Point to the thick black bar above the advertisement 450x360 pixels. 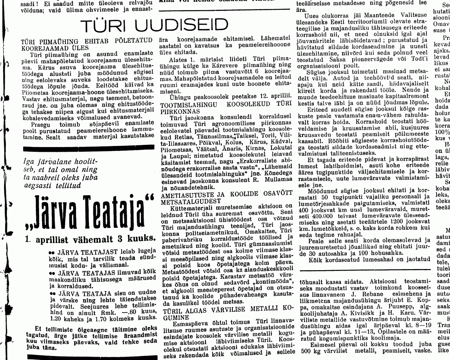tap(89, 148)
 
